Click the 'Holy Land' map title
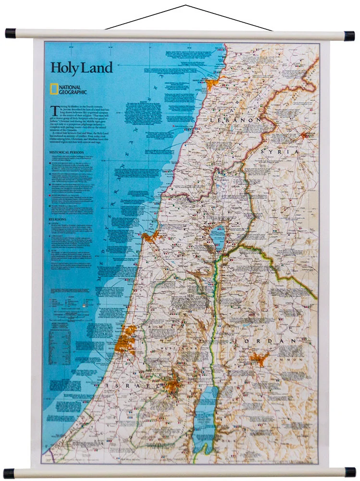[x=81, y=67]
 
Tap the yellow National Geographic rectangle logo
[x=54, y=88]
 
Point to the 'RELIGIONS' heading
[x=57, y=219]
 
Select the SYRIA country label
[x=280, y=152]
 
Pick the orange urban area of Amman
[x=259, y=358]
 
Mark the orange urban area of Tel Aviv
[x=125, y=339]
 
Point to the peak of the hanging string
[x=186, y=5]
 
